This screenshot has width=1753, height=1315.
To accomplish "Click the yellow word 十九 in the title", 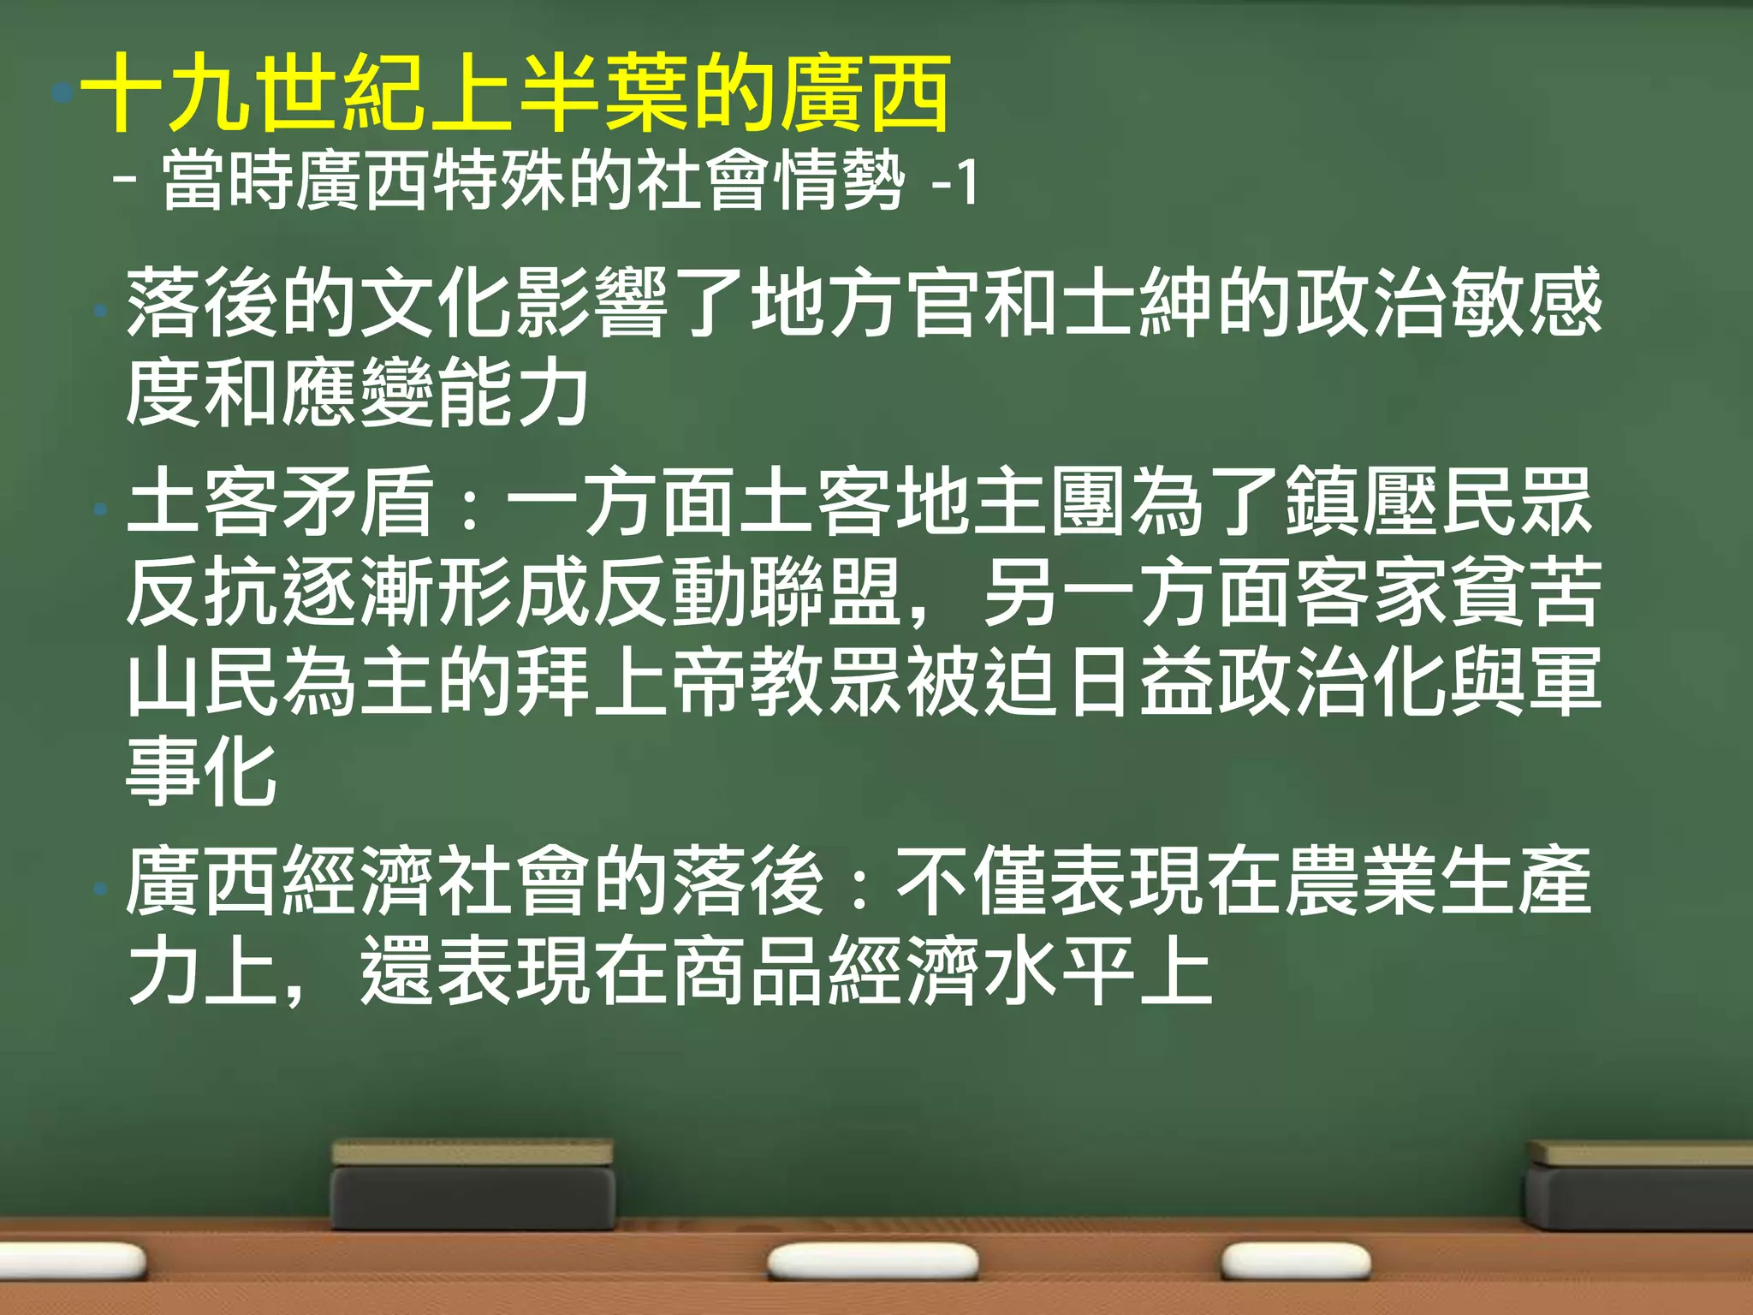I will [x=167, y=92].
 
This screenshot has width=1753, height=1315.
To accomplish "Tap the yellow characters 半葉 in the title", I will [x=603, y=92].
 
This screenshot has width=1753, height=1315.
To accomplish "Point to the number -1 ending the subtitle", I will [x=954, y=181].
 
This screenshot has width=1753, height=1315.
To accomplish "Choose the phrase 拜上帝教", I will [x=629, y=681].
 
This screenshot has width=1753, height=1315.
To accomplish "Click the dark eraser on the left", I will [x=472, y=1185].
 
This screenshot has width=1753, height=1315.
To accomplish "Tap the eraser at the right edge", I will [x=1639, y=1186].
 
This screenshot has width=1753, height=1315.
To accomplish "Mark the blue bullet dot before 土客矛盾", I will [x=101, y=509].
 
